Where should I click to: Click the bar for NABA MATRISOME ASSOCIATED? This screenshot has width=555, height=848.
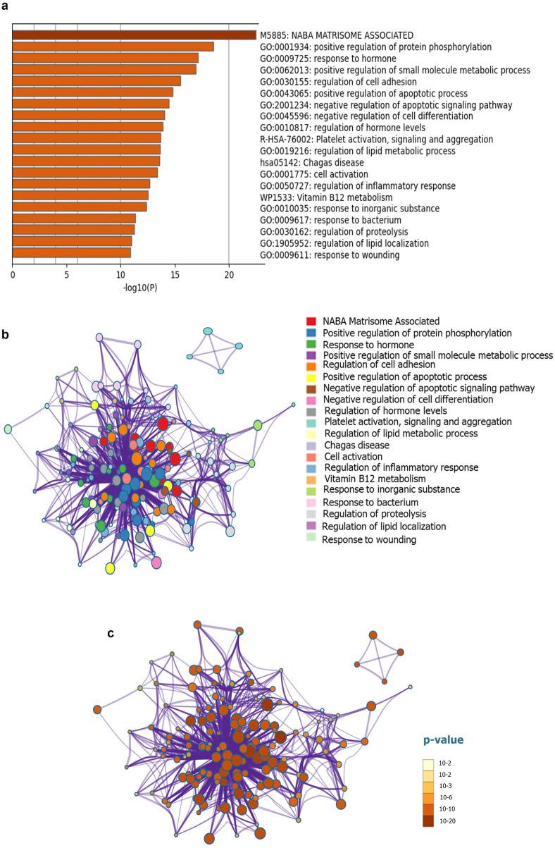point(134,35)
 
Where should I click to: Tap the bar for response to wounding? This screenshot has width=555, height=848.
point(71,252)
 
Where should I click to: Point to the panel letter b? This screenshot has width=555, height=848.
point(6,334)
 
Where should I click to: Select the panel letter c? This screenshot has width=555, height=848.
point(110,633)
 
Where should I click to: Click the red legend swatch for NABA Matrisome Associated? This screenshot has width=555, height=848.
point(311,321)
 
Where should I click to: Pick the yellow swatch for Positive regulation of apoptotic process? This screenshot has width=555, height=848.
point(311,376)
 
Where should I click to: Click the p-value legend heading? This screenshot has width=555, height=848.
point(442,740)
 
